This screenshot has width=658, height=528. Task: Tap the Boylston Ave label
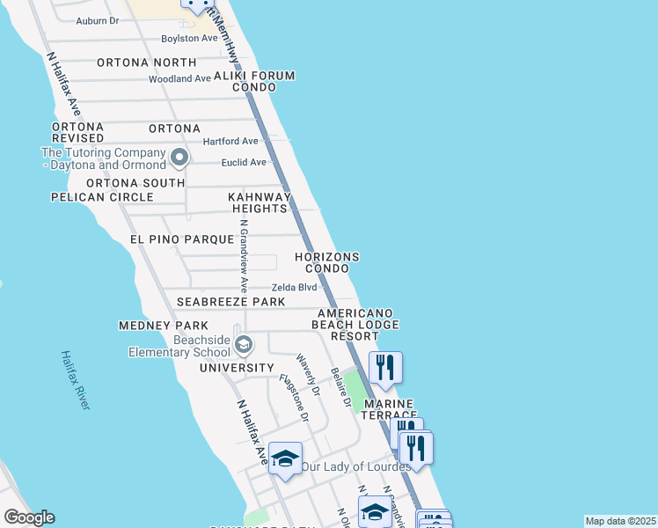[188, 39]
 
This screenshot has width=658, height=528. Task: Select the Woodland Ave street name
[179, 78]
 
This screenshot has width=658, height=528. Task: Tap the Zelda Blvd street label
[294, 287]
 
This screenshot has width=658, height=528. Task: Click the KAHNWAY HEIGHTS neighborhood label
[259, 202]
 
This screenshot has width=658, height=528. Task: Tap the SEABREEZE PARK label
[230, 302]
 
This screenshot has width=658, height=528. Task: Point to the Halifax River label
[76, 379]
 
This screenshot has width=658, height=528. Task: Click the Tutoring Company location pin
[179, 158]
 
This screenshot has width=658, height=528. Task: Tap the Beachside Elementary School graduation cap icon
[243, 343]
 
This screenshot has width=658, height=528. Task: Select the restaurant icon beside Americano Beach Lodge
[385, 367]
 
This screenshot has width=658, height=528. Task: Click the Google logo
[29, 517]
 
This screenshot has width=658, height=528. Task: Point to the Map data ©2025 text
[620, 521]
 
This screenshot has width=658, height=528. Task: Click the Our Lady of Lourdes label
[355, 466]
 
